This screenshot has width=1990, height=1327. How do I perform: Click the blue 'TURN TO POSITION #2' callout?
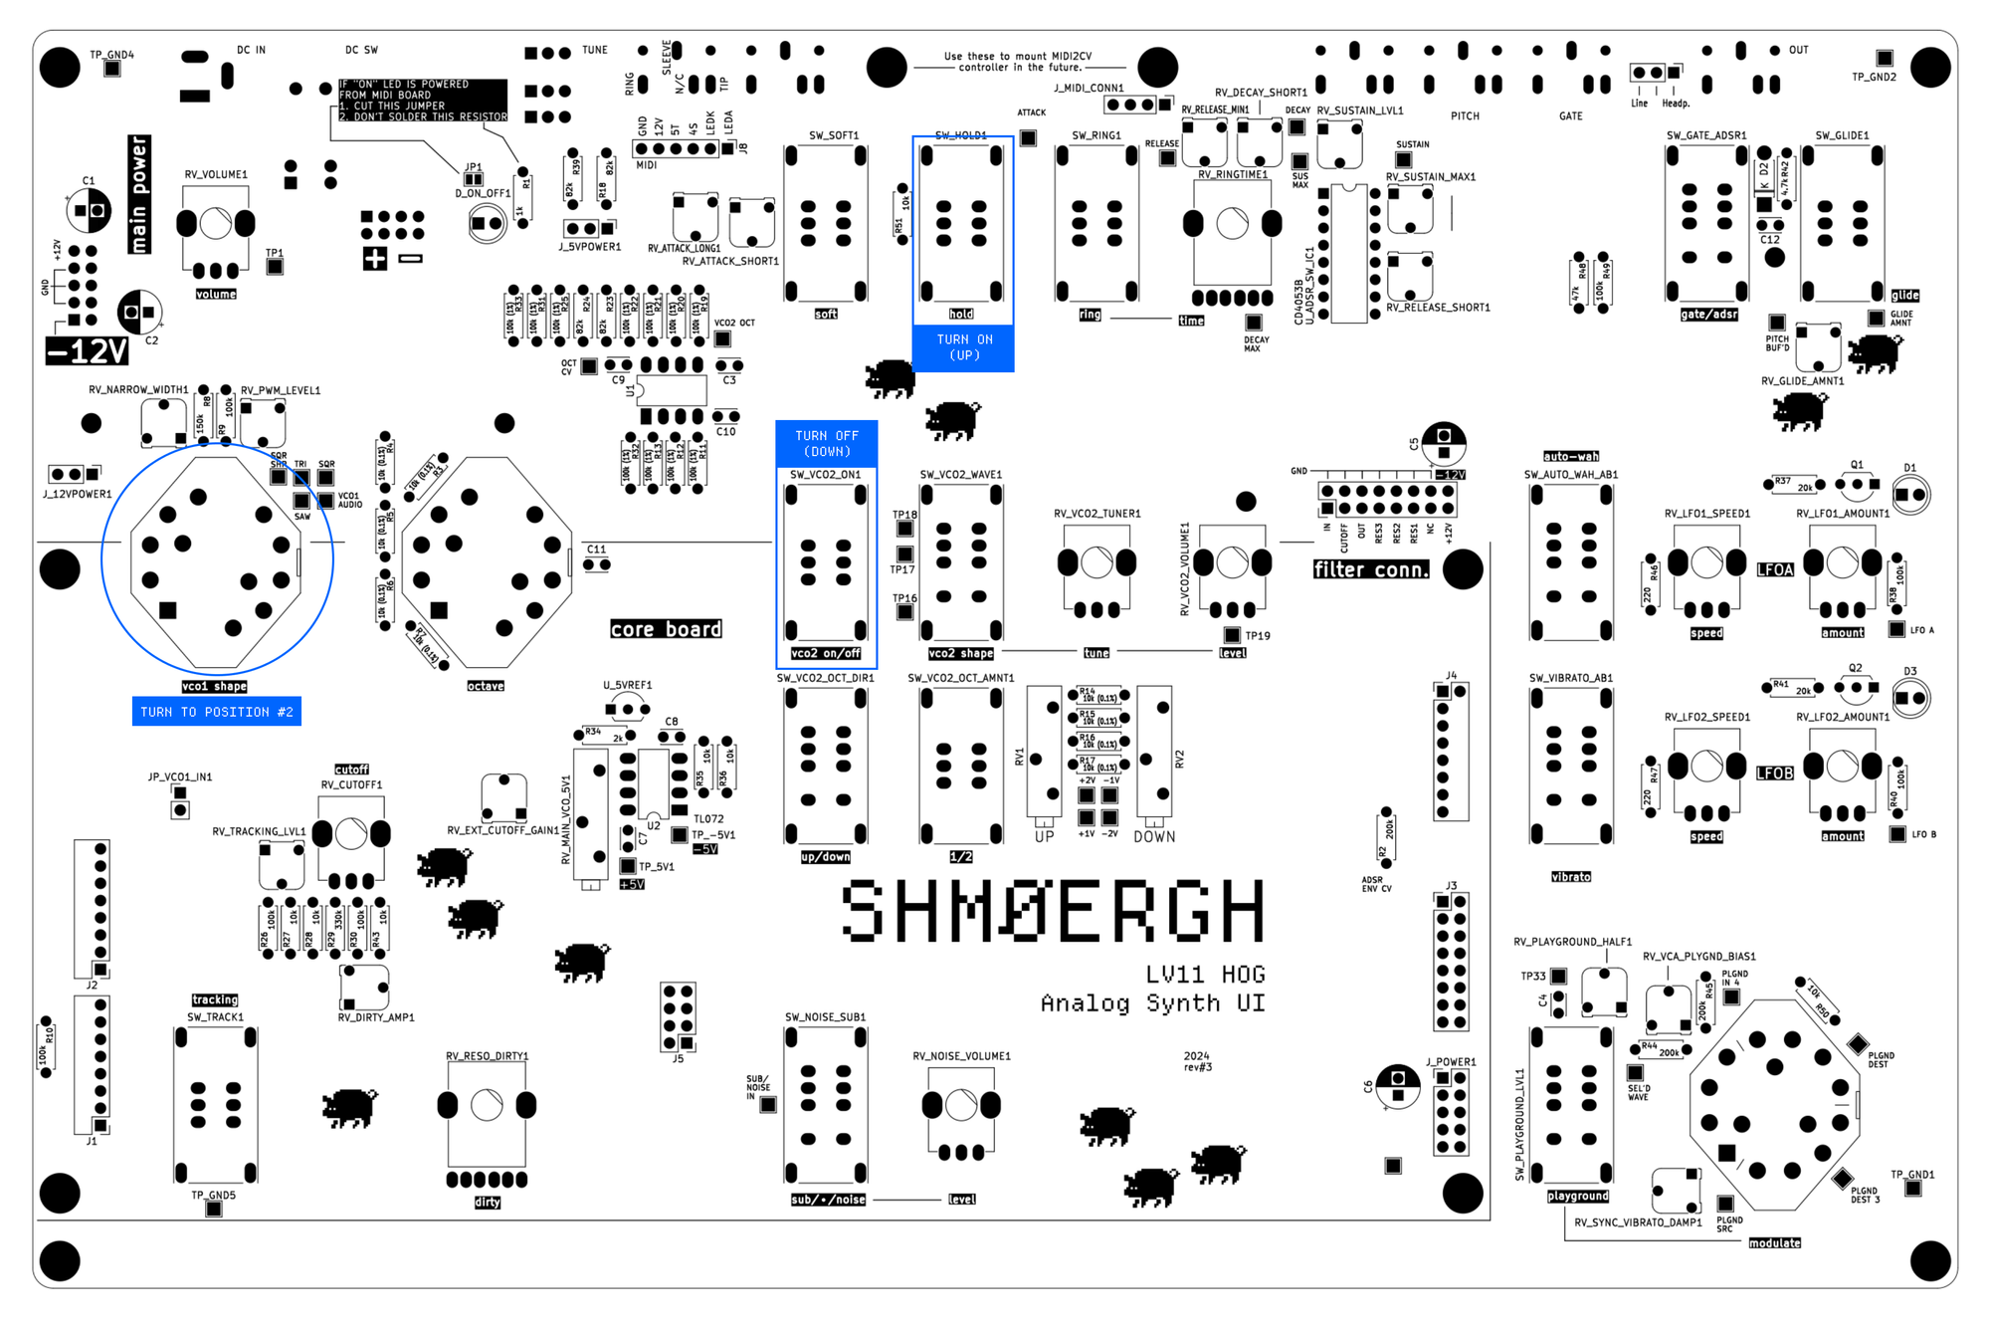pyautogui.click(x=216, y=712)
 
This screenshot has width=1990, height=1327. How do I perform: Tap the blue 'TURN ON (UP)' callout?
pyautogui.click(x=963, y=347)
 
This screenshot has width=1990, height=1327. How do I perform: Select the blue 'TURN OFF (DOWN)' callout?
pyautogui.click(x=826, y=444)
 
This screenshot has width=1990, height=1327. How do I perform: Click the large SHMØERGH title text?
pyautogui.click(x=1053, y=911)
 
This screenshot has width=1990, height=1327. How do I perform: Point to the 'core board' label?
pyautogui.click(x=666, y=629)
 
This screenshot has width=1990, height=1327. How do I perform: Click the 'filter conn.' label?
pyautogui.click(x=1370, y=569)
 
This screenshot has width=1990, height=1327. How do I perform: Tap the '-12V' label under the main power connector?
pyautogui.click(x=88, y=351)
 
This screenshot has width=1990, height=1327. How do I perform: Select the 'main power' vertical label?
pyautogui.click(x=139, y=194)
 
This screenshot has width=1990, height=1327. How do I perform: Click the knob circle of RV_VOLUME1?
pyautogui.click(x=215, y=224)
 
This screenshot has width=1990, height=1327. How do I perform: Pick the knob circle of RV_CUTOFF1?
pyautogui.click(x=350, y=834)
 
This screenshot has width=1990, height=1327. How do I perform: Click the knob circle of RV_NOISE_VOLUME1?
pyautogui.click(x=960, y=1105)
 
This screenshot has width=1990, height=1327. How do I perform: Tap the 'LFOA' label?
pyautogui.click(x=1774, y=570)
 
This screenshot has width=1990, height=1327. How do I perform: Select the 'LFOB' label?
pyautogui.click(x=1774, y=774)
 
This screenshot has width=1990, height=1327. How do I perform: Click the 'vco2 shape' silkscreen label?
pyautogui.click(x=960, y=654)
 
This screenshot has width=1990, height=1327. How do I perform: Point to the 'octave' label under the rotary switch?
pyautogui.click(x=486, y=686)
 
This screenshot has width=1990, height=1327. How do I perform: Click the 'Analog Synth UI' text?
pyautogui.click(x=1152, y=1003)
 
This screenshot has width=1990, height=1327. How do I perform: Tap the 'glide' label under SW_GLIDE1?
pyautogui.click(x=1904, y=296)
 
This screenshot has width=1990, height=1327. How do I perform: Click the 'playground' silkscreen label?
pyautogui.click(x=1577, y=1197)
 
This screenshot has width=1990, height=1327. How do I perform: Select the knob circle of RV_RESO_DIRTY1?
pyautogui.click(x=487, y=1105)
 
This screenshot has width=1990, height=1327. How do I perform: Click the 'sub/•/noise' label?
pyautogui.click(x=828, y=1200)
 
